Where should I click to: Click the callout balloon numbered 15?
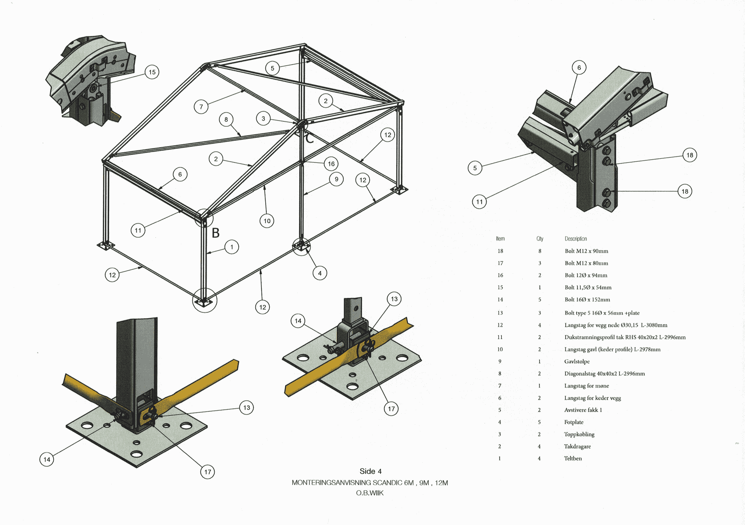152,72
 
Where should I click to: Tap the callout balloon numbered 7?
201,107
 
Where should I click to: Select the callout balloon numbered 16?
331,164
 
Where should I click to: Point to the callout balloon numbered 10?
267,221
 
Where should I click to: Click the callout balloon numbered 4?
320,273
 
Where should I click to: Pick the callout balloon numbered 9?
336,179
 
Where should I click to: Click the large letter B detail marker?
216,233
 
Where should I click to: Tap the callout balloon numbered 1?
232,247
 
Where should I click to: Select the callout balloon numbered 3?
263,118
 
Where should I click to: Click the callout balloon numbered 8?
226,119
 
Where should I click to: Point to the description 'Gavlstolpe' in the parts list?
577,361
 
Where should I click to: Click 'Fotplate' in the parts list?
573,422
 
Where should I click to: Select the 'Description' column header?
576,239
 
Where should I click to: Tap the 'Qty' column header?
540,239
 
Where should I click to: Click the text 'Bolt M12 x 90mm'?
586,251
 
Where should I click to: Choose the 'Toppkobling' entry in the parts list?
579,434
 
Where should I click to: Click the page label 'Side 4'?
370,471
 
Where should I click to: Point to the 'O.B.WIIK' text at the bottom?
370,493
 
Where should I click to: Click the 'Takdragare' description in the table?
577,446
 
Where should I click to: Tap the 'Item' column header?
500,239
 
